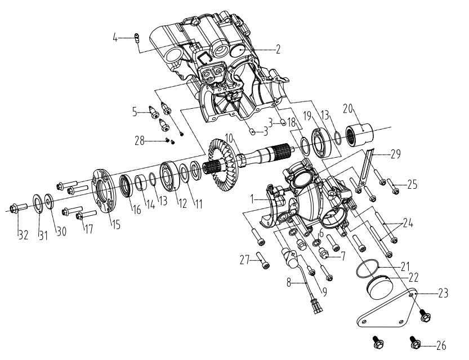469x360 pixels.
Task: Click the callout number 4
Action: point(115,39)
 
